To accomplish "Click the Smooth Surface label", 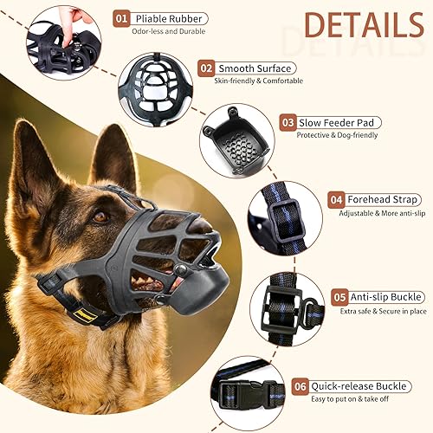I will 255,68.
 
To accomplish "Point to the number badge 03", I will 288,123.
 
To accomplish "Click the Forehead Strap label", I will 382,198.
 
